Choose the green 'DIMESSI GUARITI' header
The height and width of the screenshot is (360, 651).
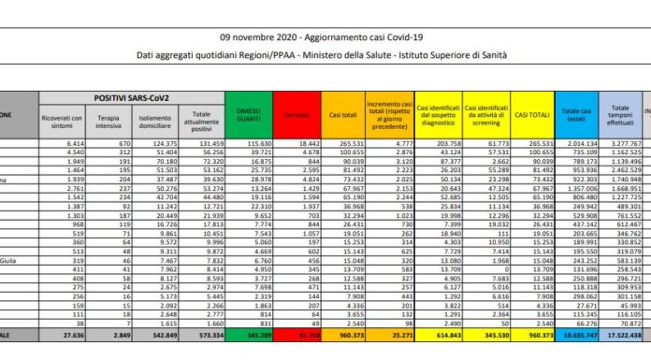pos(252,112)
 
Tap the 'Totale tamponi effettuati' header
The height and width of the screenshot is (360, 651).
pos(619,112)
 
